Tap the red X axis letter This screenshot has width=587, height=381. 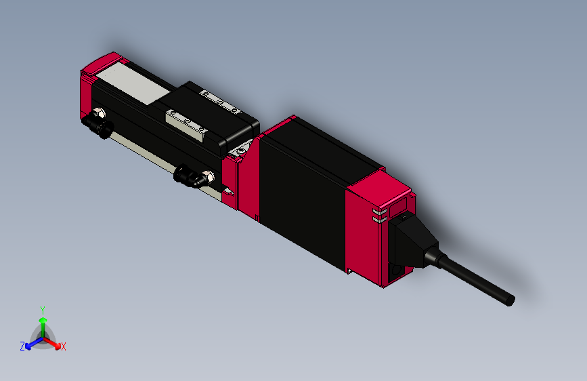[64, 347]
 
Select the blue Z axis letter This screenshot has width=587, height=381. [22, 346]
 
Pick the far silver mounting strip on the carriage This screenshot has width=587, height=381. [219, 102]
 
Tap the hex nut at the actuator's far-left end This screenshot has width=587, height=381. [100, 113]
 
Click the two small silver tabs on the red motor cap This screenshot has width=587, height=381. [378, 216]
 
